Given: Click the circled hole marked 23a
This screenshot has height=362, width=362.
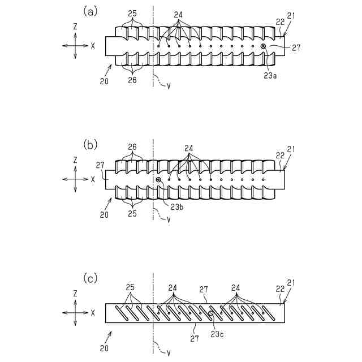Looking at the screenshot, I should (x=263, y=46).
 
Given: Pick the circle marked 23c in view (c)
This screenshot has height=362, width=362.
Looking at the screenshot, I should (x=211, y=313).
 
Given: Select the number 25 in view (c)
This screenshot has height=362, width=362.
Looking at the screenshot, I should (x=131, y=287).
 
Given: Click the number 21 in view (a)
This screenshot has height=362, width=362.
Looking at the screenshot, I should (x=291, y=18).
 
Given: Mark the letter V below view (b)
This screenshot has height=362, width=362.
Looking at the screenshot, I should (x=168, y=219).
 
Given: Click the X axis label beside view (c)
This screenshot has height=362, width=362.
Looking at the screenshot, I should (x=93, y=312).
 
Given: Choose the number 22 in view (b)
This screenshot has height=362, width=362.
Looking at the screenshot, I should (x=279, y=155).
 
